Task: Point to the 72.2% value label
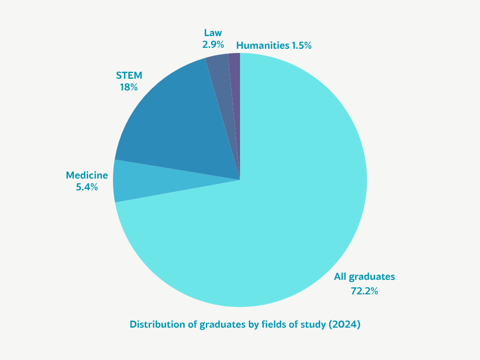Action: click(x=364, y=291)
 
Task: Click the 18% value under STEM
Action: click(x=128, y=87)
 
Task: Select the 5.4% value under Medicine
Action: click(x=87, y=187)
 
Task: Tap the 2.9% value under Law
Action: click(x=213, y=45)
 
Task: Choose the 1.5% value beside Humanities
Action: click(x=302, y=45)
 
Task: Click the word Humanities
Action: click(x=262, y=45)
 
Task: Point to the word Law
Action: click(x=213, y=33)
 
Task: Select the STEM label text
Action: click(x=129, y=75)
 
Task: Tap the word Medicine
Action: click(x=87, y=175)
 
